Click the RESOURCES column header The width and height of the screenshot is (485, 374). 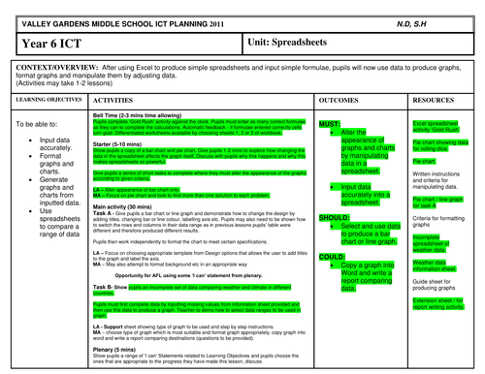click(436, 99)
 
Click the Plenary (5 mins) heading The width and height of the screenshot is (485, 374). click(115, 343)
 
